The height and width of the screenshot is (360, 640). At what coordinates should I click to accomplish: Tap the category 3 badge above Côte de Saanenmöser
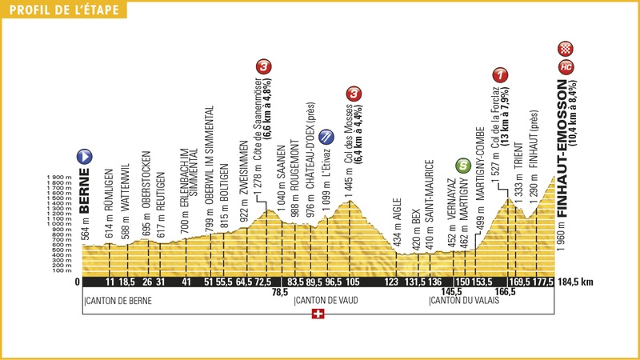(x=263, y=66)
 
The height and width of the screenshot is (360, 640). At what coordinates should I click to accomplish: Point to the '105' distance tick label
(x=350, y=282)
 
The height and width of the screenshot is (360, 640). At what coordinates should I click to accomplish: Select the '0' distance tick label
(x=78, y=282)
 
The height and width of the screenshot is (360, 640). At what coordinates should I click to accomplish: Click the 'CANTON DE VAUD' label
(x=326, y=301)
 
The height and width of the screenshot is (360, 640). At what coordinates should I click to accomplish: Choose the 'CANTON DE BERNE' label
(x=118, y=301)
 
